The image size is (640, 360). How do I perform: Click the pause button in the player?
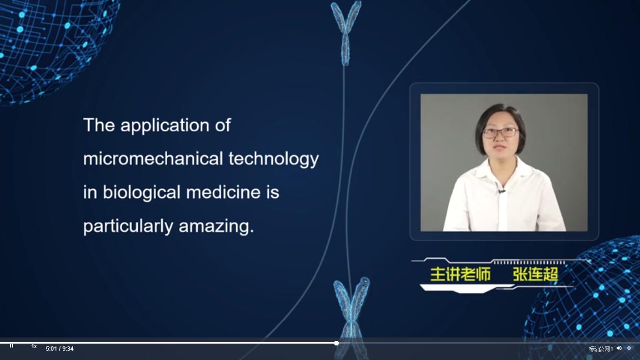click(11, 346)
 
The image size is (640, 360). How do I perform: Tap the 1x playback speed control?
click(34, 346)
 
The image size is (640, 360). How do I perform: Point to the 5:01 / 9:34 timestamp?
click(60, 349)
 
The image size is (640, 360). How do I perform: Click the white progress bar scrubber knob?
click(336, 343)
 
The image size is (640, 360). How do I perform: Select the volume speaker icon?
click(619, 348)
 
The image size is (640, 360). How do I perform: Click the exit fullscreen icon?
click(629, 348)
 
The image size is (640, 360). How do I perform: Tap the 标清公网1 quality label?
click(601, 349)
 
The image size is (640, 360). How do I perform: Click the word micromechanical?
click(153, 159)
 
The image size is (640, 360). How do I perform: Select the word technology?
click(274, 159)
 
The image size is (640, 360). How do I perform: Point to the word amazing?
click(216, 226)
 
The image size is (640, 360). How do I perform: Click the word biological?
click(141, 192)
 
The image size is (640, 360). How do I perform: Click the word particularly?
click(128, 226)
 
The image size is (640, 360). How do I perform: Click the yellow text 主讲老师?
click(461, 274)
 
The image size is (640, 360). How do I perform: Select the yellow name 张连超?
click(536, 274)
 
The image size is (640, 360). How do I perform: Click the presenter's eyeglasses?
click(500, 132)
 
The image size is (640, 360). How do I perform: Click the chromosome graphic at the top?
click(346, 33)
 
